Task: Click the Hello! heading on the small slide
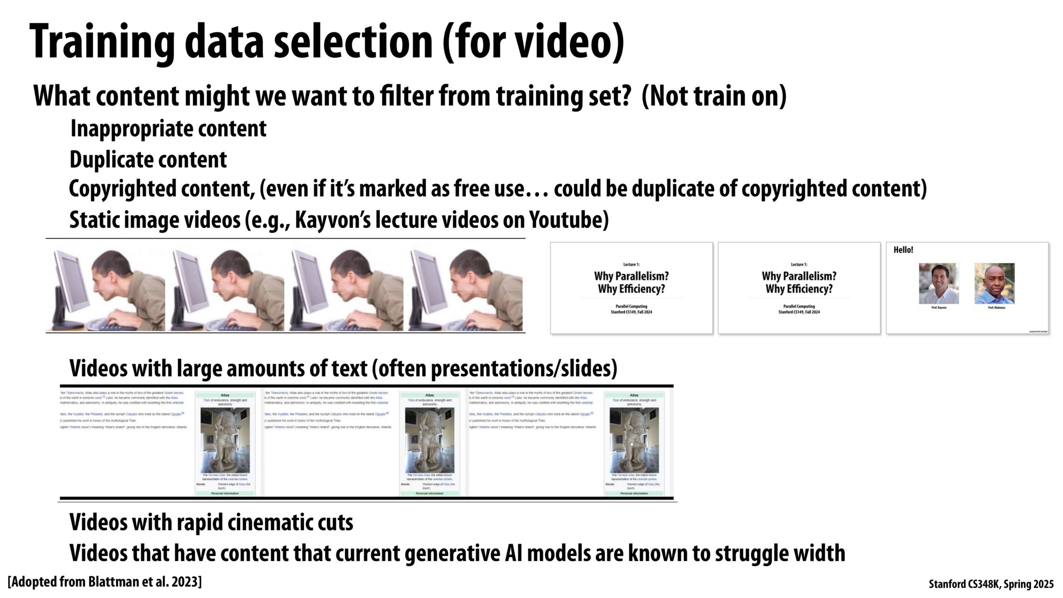click(x=903, y=250)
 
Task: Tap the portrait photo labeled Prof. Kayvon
click(x=938, y=283)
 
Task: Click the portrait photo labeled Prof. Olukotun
click(x=994, y=283)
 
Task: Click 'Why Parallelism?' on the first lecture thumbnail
click(x=631, y=276)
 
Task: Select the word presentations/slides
click(x=523, y=369)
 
